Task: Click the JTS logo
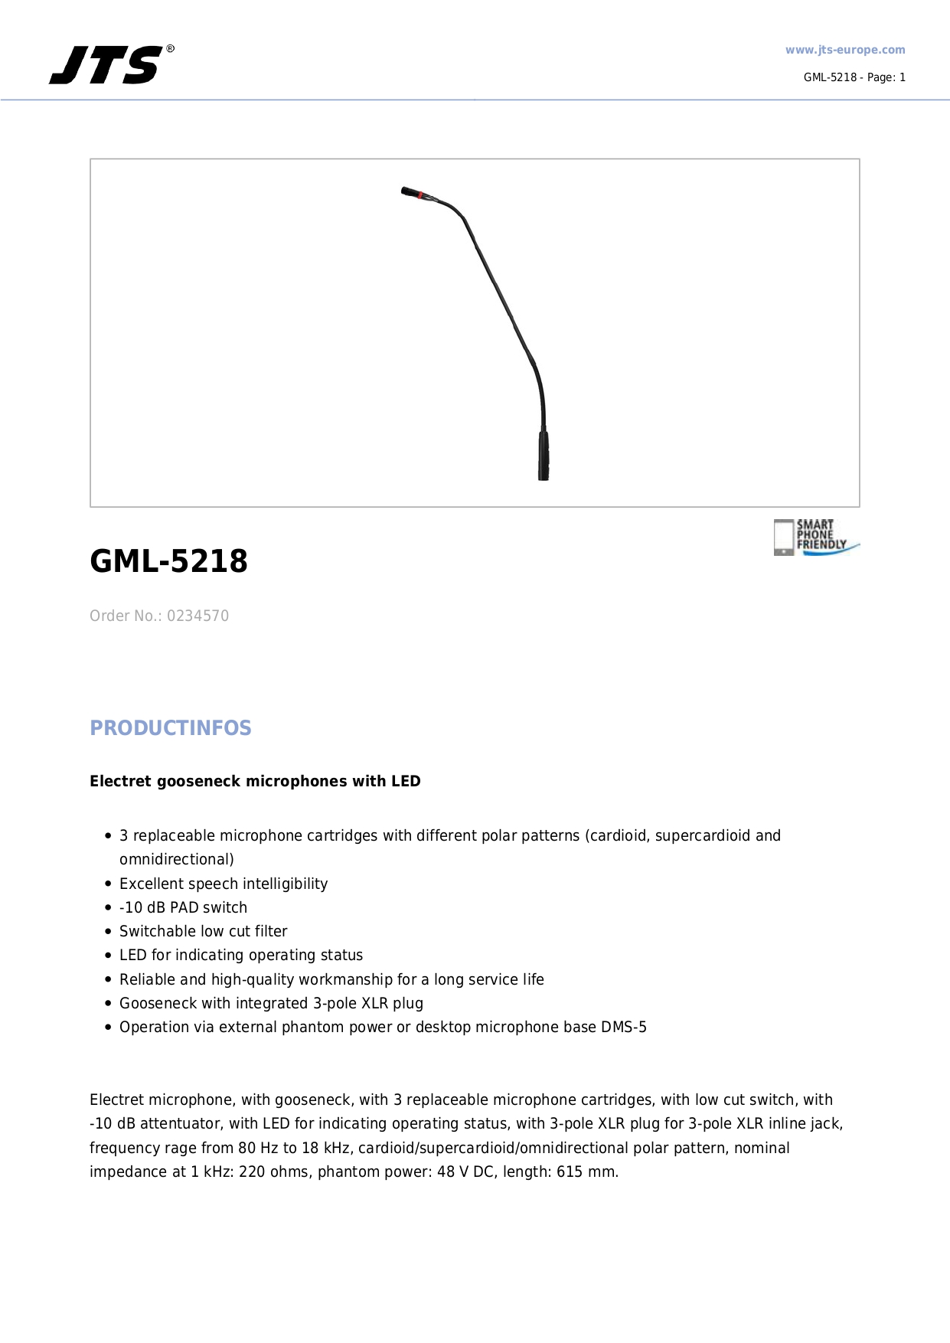coord(107,65)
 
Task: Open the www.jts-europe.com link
coord(844,51)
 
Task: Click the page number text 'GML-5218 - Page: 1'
coord(854,77)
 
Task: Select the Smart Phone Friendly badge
coord(815,537)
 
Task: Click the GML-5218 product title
coord(168,561)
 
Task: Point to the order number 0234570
coord(198,616)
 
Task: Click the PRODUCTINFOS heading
coord(170,728)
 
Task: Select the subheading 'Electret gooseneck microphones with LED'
coord(255,782)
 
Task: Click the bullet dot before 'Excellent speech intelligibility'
coord(109,884)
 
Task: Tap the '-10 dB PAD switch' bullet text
coord(183,908)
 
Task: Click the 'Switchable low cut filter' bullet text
coord(203,932)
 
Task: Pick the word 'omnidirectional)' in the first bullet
coord(176,860)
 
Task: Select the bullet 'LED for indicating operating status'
coord(240,956)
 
